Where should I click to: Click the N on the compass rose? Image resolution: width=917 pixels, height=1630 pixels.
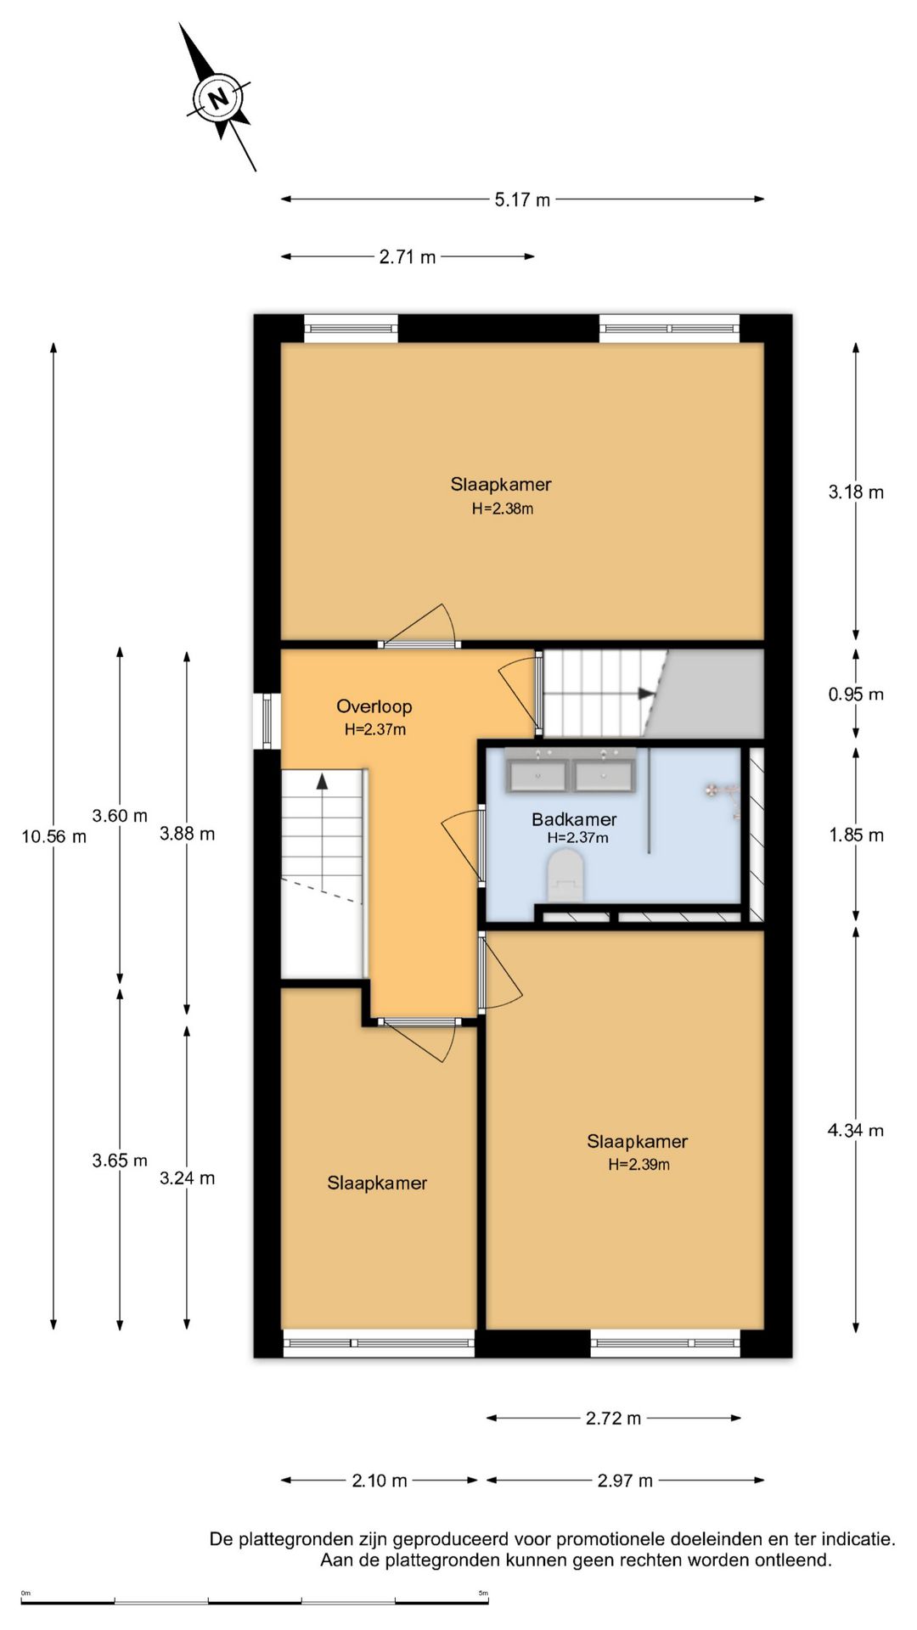(219, 98)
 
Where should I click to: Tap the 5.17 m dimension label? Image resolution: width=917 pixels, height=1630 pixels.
(522, 200)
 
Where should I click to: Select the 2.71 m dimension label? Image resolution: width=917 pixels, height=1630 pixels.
(408, 257)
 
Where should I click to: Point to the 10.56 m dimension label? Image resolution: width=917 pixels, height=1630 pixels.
(54, 837)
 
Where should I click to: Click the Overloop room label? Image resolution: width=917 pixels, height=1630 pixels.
(374, 706)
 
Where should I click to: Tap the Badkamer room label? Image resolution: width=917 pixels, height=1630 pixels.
(574, 819)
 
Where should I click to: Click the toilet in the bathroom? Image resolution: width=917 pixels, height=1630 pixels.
(565, 876)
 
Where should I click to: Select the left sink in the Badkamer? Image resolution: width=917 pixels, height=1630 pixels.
(537, 775)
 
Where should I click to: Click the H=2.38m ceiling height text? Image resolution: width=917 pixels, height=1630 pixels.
(503, 509)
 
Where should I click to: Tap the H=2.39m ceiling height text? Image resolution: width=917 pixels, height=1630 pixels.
(639, 1165)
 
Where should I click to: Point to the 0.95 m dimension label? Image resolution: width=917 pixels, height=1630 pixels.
(856, 694)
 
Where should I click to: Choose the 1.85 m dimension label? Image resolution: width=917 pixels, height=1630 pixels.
(856, 835)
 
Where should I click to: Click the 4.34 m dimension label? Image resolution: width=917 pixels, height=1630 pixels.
(856, 1131)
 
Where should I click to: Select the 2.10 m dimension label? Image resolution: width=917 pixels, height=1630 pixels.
(380, 1481)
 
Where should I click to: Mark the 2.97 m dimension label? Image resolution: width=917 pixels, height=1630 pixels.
(625, 1481)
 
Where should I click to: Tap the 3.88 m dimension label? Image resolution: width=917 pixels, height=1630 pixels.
(188, 835)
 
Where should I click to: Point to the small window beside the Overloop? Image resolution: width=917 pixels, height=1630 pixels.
(267, 721)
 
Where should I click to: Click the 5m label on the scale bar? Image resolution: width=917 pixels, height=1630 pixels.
(483, 1593)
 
